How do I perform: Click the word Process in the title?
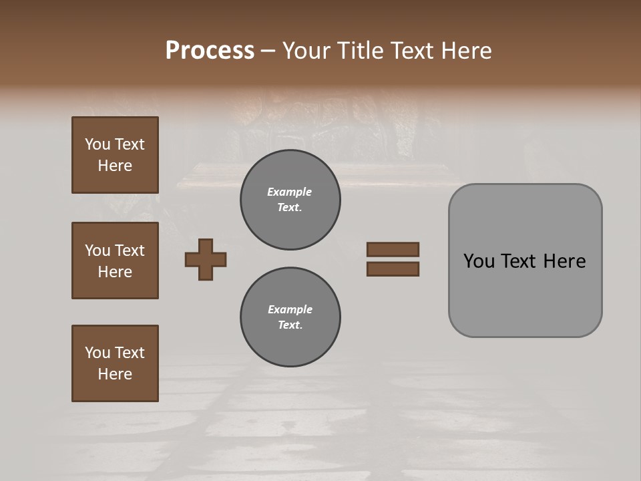(210, 51)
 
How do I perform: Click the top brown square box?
(115, 155)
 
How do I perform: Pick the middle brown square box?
(115, 261)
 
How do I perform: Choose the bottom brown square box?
(115, 363)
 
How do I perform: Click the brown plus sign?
(206, 259)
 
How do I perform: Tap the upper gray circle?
(290, 200)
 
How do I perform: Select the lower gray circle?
(290, 317)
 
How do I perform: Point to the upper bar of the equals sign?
(393, 249)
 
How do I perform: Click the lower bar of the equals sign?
(393, 269)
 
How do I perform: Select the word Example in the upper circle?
(290, 192)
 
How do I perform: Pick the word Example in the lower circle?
(290, 309)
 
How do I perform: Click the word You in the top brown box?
(96, 144)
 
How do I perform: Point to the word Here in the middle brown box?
(115, 272)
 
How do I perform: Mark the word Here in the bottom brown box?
(115, 374)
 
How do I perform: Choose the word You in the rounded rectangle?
(479, 261)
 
